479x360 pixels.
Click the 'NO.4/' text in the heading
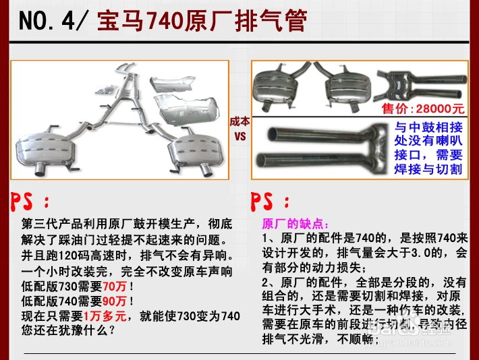53,22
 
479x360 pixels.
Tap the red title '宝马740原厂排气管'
202,22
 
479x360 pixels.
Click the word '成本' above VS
239,122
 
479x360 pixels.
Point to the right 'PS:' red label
270,202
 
